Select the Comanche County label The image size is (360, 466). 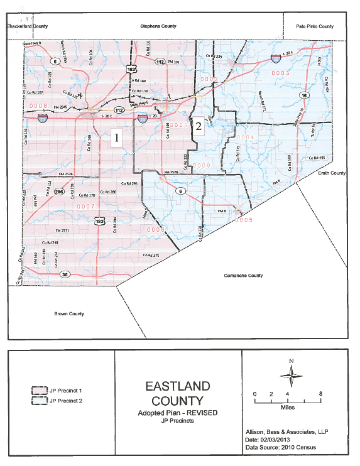pos(242,276)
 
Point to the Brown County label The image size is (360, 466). pos(69,313)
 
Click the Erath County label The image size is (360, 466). pos(332,172)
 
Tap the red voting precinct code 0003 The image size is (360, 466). pos(280,73)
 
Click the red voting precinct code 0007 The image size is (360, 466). pos(85,206)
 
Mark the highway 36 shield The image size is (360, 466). pos(64,274)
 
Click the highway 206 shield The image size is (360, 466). pos(60,192)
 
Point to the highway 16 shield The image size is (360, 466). pos(304,95)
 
